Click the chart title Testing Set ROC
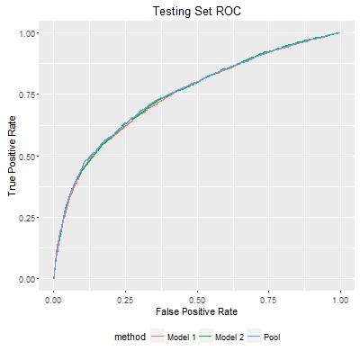[x=197, y=11]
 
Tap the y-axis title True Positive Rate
[x=12, y=156]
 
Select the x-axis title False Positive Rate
[x=196, y=311]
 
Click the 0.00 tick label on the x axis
[x=54, y=300]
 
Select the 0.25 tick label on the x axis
[x=125, y=300]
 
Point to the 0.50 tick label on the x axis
[x=197, y=300]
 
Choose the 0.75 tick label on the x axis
[x=269, y=300]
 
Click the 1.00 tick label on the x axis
[x=340, y=300]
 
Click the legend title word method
[x=130, y=337]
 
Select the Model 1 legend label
[x=182, y=337]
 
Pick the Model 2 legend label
[x=229, y=337]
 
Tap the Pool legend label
[x=272, y=337]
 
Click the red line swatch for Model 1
[x=158, y=337]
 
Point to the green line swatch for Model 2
[x=206, y=337]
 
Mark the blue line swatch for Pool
[x=254, y=337]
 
